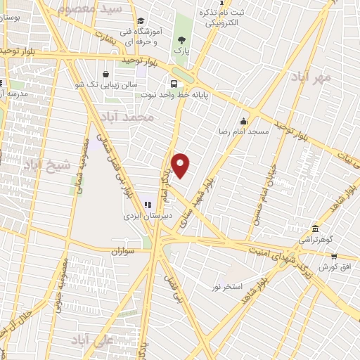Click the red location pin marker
181,165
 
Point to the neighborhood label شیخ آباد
47,166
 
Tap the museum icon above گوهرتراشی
314,229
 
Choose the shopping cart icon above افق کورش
333,257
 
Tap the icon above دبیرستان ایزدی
148,204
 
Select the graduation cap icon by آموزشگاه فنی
141,21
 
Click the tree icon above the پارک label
182,40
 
